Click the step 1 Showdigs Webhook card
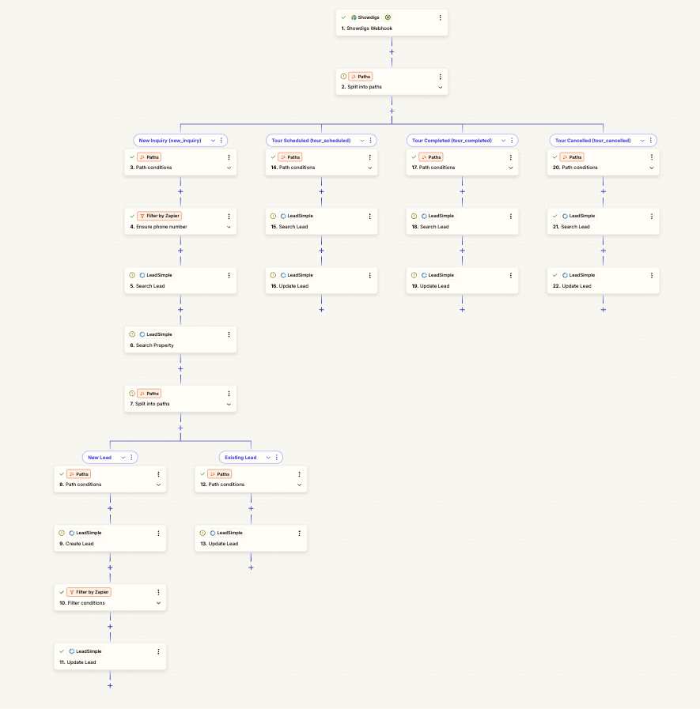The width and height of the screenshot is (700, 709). click(x=392, y=23)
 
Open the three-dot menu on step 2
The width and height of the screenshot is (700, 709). click(x=441, y=77)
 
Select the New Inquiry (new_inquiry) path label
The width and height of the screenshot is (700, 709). click(x=170, y=141)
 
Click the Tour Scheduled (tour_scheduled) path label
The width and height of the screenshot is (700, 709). click(x=311, y=141)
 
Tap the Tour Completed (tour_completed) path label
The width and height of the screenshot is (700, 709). click(x=452, y=141)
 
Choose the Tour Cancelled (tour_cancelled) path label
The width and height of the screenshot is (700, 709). click(x=592, y=141)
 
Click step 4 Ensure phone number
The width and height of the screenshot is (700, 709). click(x=180, y=221)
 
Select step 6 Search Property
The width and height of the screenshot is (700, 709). click(x=180, y=340)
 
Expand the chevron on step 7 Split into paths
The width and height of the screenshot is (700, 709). click(x=229, y=404)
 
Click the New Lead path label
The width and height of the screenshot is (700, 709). click(x=100, y=458)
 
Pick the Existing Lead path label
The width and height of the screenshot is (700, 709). click(x=240, y=458)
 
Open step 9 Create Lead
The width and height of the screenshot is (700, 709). click(x=110, y=538)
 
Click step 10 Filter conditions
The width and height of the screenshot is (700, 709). click(x=110, y=598)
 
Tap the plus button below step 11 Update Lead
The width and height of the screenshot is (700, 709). click(x=110, y=686)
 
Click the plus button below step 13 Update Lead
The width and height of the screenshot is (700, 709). click(x=252, y=568)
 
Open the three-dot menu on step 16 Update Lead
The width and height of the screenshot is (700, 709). click(x=369, y=275)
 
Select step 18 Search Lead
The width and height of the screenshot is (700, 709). click(x=462, y=221)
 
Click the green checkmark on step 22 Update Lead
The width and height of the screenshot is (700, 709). click(x=555, y=275)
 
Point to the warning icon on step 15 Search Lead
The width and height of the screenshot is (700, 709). click(x=273, y=216)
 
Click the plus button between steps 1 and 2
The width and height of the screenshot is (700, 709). click(x=392, y=52)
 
